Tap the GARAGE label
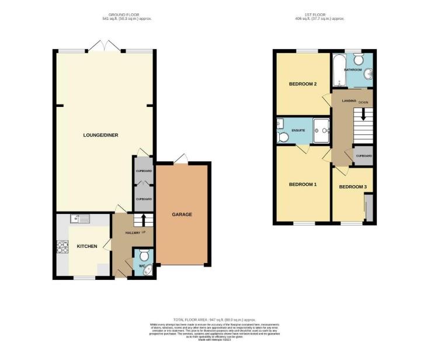click(182, 214)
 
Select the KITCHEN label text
click(87, 246)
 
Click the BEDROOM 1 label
click(303, 185)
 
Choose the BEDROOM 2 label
click(303, 84)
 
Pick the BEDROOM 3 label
click(353, 187)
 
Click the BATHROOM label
click(353, 70)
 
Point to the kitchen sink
click(78, 219)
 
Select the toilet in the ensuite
click(284, 137)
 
